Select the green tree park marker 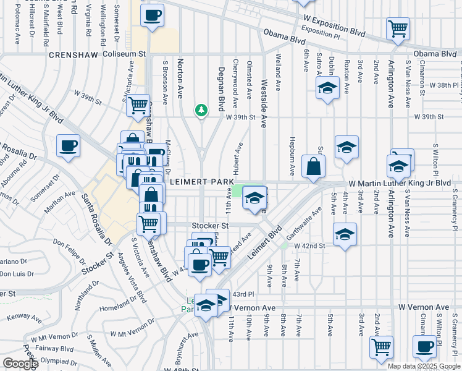click(x=201, y=110)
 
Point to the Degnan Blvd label click(x=220, y=89)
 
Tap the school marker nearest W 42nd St click(x=345, y=234)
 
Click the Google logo click(x=20, y=364)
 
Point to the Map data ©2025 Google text click(x=424, y=365)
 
